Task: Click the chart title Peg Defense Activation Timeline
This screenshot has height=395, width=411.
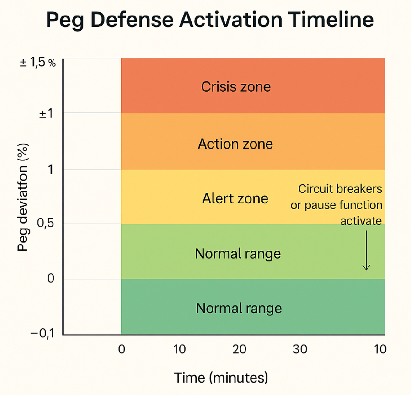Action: point(210,21)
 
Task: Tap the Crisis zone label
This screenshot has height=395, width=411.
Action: point(236,87)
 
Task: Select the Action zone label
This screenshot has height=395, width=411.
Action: point(235,144)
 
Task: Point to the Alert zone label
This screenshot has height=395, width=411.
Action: point(235,199)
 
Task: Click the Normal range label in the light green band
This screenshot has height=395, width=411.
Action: point(238,254)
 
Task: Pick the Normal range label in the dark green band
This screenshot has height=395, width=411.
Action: point(239,308)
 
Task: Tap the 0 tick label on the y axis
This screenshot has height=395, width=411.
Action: point(51,279)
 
